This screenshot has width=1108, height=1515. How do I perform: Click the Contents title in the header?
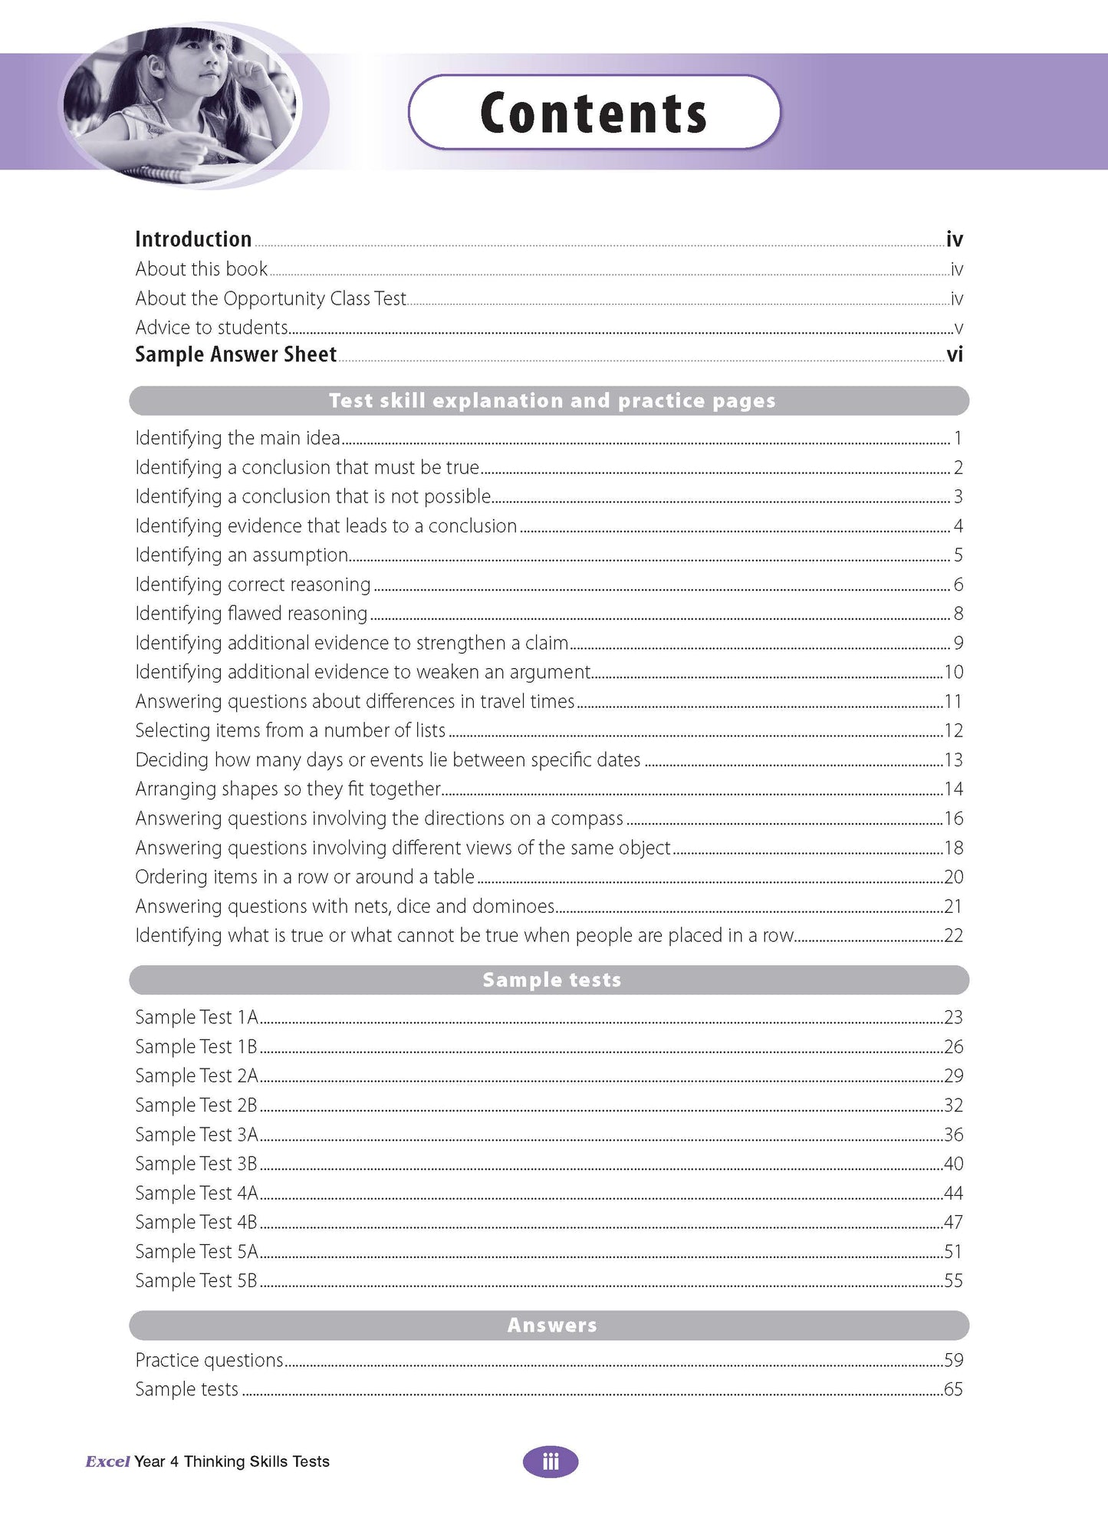click(x=593, y=113)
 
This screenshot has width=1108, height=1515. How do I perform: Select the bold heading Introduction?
click(x=193, y=239)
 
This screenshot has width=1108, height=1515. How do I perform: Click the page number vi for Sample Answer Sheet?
click(x=954, y=354)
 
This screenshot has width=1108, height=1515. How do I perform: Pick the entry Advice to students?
click(x=212, y=328)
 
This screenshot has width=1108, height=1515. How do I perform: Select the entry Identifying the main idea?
click(x=238, y=438)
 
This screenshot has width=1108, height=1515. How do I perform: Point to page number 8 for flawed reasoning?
click(x=958, y=614)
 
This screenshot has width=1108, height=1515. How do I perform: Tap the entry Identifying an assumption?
click(x=242, y=555)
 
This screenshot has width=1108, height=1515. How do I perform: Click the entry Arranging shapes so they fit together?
click(x=288, y=789)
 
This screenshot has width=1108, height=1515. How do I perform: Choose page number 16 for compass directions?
click(x=953, y=818)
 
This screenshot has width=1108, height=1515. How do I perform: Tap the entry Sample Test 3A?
click(x=196, y=1135)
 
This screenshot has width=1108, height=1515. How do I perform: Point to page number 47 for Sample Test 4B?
click(x=953, y=1222)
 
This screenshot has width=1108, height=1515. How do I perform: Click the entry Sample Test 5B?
click(x=196, y=1280)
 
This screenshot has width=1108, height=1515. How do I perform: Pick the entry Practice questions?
click(x=209, y=1360)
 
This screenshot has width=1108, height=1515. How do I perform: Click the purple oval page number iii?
click(x=551, y=1462)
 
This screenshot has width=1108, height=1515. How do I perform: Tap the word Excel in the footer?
click(x=107, y=1462)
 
